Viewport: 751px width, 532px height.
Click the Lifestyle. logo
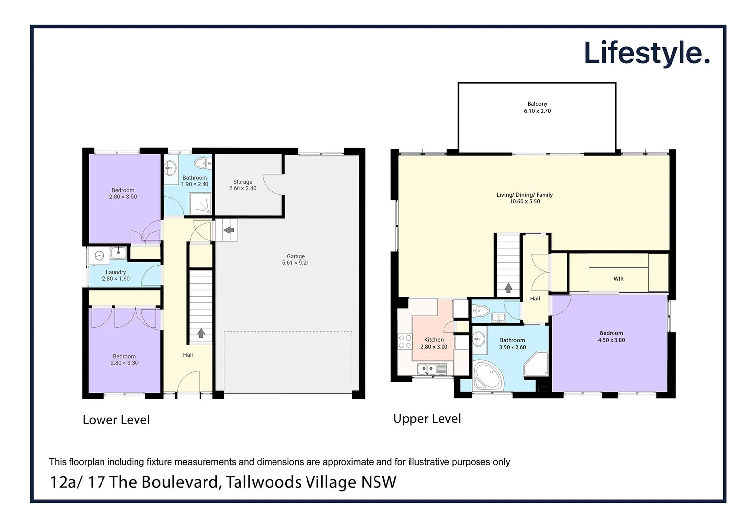click(x=646, y=53)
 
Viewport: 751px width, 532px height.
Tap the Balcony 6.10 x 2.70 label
click(x=537, y=107)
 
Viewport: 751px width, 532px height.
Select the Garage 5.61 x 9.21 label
click(x=296, y=260)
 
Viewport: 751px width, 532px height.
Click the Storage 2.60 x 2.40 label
click(x=242, y=185)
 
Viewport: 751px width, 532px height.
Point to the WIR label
click(x=618, y=279)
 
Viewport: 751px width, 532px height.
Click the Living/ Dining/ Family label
click(x=524, y=198)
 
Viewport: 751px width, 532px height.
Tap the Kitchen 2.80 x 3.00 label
click(x=434, y=343)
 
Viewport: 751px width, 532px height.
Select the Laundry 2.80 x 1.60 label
click(x=116, y=275)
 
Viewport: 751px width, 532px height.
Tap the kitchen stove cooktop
click(x=405, y=342)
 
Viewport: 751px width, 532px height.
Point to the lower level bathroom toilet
click(x=202, y=163)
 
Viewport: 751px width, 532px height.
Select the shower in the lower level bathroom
click(x=202, y=204)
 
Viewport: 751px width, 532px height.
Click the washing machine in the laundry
click(x=100, y=255)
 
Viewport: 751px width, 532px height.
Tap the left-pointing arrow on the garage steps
click(x=228, y=230)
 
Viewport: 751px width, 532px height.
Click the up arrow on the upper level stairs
click(x=508, y=288)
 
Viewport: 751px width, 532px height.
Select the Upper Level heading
click(x=427, y=419)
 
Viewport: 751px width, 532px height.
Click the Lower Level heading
click(x=116, y=420)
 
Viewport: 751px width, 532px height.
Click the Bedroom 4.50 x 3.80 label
click(x=611, y=337)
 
